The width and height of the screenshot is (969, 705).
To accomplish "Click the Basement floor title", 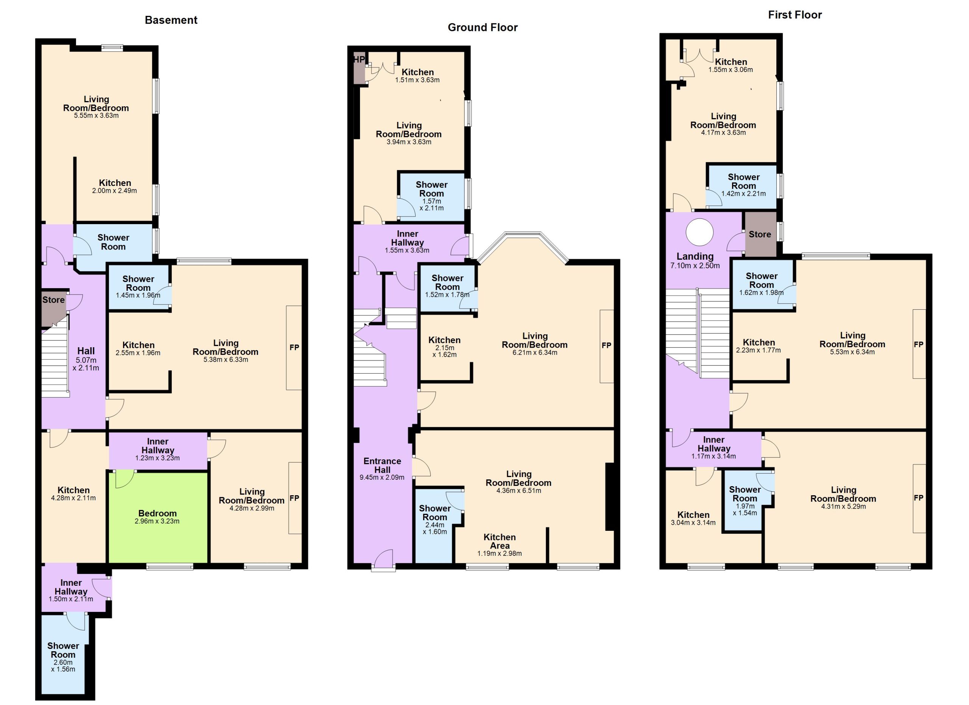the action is click(x=171, y=20).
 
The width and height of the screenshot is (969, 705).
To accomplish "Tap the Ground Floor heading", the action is click(x=482, y=27).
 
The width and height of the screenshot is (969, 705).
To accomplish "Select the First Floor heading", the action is click(x=795, y=15).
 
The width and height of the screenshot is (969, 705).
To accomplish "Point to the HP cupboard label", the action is click(x=358, y=59).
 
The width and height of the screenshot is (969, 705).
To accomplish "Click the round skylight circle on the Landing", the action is click(x=699, y=232).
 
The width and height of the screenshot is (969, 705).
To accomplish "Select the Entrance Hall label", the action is click(x=382, y=465).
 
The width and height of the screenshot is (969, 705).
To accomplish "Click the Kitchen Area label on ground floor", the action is click(x=500, y=541).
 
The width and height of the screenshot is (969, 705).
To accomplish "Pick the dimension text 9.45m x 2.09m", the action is click(x=382, y=477).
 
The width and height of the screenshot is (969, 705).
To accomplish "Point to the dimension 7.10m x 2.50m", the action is click(x=695, y=265).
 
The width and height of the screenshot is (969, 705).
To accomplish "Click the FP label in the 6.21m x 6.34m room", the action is click(x=606, y=345).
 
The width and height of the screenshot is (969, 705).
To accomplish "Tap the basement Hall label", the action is click(x=86, y=351).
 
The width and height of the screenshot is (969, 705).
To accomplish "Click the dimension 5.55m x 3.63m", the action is click(x=96, y=115).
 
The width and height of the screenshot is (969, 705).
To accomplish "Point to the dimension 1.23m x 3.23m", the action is click(x=158, y=458).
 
